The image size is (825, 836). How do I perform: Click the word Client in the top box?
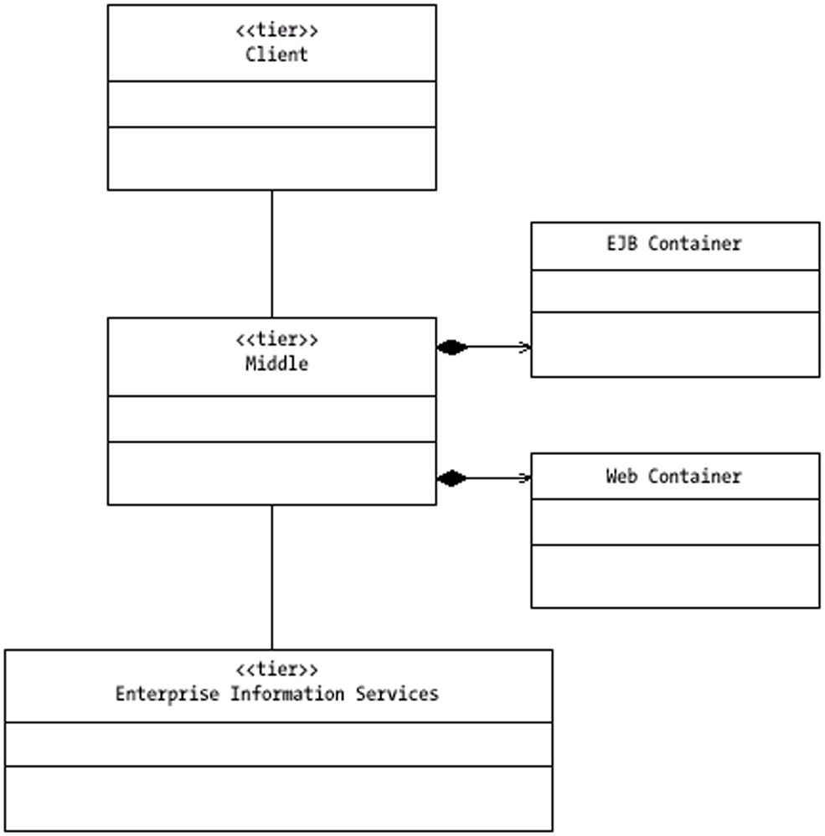(276, 54)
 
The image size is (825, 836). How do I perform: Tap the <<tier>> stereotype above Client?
(276, 30)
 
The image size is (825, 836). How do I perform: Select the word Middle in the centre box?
(276, 364)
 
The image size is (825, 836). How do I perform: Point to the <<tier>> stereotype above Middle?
(276, 339)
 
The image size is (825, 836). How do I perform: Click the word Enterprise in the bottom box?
(167, 694)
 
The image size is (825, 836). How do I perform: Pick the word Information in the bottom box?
(287, 694)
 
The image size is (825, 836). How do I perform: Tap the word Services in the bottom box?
(397, 694)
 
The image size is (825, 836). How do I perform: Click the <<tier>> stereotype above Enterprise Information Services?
(276, 669)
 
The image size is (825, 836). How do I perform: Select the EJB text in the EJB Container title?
(622, 244)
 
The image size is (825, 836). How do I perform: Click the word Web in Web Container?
(621, 476)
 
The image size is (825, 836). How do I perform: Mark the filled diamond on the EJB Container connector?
(452, 347)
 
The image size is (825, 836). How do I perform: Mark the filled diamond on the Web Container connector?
(451, 478)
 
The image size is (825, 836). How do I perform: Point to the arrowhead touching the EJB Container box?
(525, 348)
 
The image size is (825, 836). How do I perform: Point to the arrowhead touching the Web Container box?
(525, 477)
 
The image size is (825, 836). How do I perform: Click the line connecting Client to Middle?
(272, 254)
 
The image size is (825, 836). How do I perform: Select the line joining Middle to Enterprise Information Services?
(272, 577)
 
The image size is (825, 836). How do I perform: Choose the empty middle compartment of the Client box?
(272, 104)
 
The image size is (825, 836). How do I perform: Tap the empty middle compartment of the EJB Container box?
(675, 292)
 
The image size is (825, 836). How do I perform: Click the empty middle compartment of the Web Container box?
(675, 522)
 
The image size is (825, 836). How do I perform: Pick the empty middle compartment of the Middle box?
(272, 419)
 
